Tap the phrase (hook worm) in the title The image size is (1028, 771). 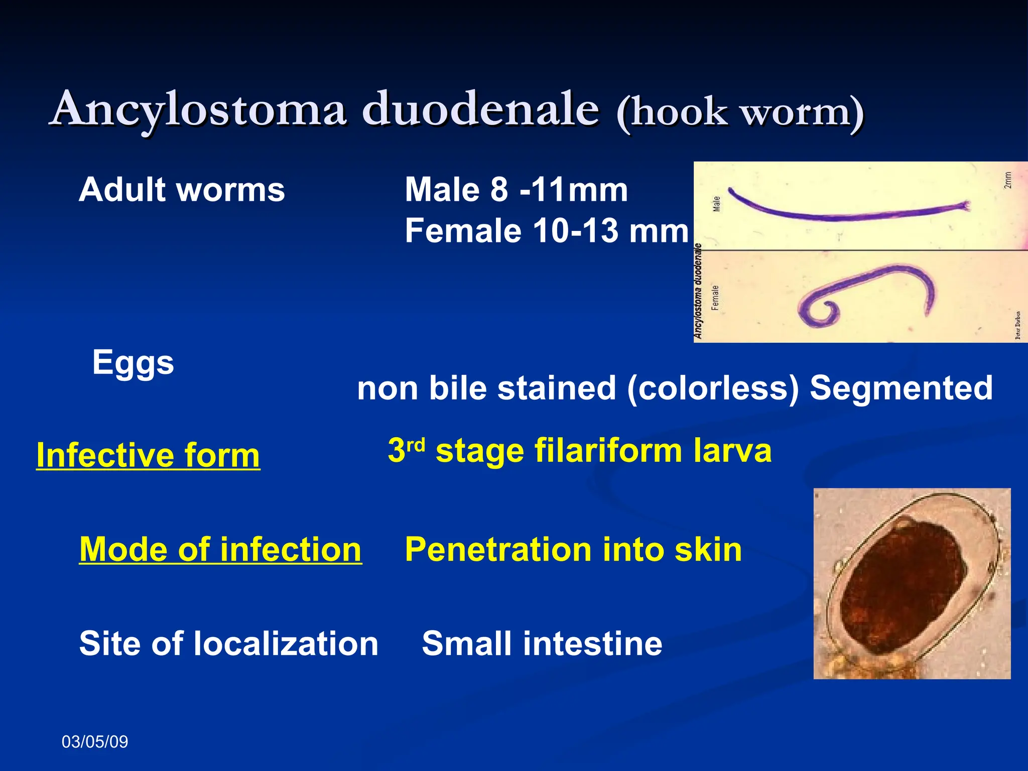[740, 112]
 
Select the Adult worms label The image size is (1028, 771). [182, 190]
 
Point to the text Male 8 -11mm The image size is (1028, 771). [516, 190]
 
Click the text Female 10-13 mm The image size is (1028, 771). [546, 231]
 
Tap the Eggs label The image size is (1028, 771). [133, 363]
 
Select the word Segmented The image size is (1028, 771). [901, 388]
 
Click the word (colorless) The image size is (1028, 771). [713, 388]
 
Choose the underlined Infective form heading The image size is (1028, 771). [148, 455]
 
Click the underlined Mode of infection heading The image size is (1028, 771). [220, 549]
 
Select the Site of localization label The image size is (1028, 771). [228, 644]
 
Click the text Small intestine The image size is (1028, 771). [542, 644]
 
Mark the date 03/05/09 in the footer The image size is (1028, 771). [95, 742]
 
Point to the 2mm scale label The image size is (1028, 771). [1007, 180]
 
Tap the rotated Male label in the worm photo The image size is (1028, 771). [717, 203]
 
